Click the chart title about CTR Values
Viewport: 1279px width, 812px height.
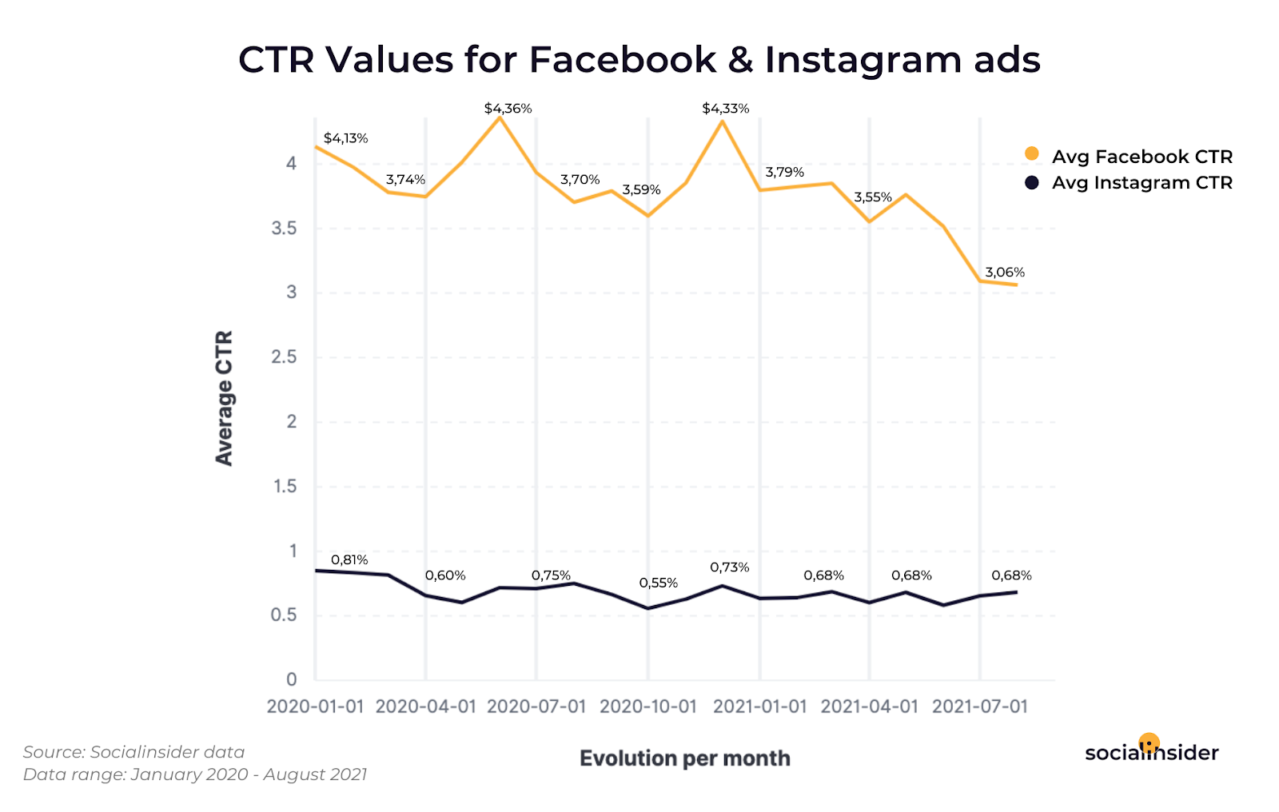tap(639, 60)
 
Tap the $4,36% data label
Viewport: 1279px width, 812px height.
tap(508, 109)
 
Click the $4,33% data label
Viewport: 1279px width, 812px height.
tap(725, 109)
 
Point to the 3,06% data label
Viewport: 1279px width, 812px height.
tap(1005, 273)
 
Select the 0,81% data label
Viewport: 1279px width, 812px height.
tap(349, 560)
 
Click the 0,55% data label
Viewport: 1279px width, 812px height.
tap(658, 583)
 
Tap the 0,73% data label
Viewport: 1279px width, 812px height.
tap(729, 567)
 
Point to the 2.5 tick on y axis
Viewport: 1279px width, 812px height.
tap(284, 357)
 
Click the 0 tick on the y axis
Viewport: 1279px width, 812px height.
tap(291, 679)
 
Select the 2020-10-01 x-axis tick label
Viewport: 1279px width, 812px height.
tap(647, 707)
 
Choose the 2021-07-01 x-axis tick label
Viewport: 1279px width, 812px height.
tap(979, 707)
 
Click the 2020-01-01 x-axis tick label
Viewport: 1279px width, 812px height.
tap(315, 707)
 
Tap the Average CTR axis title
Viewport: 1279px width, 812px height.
tap(224, 398)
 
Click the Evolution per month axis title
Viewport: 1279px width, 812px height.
tap(684, 758)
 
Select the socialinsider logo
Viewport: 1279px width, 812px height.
tap(1151, 751)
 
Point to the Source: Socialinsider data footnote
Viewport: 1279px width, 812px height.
tap(133, 752)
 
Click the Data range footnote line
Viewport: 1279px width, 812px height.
tap(194, 774)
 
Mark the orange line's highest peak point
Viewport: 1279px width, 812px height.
tap(500, 117)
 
